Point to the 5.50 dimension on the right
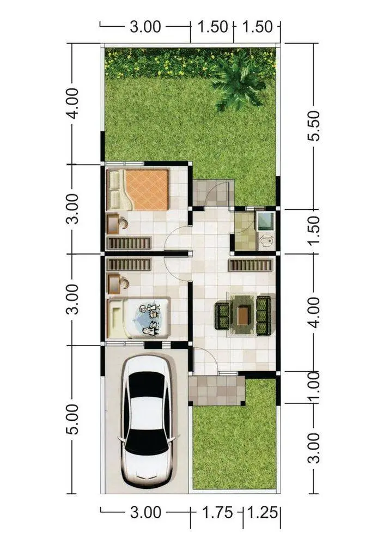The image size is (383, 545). (x=313, y=126)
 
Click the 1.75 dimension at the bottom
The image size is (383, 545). (x=217, y=512)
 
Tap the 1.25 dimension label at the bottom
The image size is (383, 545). (x=263, y=512)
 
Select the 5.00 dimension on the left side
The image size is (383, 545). (x=73, y=419)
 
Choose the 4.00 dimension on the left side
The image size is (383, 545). (x=73, y=104)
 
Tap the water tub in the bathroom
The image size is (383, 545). (x=265, y=221)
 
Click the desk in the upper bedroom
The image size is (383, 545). (x=113, y=224)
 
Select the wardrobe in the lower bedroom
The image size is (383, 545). (x=129, y=264)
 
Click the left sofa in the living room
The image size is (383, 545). (x=222, y=316)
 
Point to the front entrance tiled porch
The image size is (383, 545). (x=217, y=390)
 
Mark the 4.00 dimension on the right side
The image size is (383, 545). (x=313, y=312)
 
